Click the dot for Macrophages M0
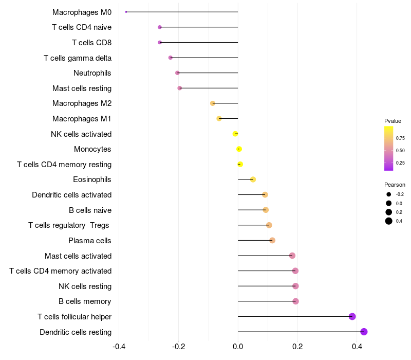coord(126,12)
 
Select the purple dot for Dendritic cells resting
coord(364,332)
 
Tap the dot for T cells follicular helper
coord(352,316)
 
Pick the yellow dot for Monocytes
coord(239,149)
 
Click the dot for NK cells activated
coord(235,134)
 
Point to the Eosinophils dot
coord(253,179)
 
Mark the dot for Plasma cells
coord(272,240)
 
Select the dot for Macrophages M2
coord(213,103)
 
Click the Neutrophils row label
coord(92,73)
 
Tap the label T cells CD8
coord(92,43)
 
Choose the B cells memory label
coord(85,301)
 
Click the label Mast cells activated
coord(78,256)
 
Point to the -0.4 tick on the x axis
coord(119,347)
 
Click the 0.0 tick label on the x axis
coord(238,347)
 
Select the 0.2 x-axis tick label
coord(297,347)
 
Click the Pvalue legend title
coord(393,121)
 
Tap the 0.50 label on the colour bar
coord(400,151)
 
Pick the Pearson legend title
coord(395,185)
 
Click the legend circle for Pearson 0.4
coord(389,221)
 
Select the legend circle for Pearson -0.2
coord(389,194)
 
